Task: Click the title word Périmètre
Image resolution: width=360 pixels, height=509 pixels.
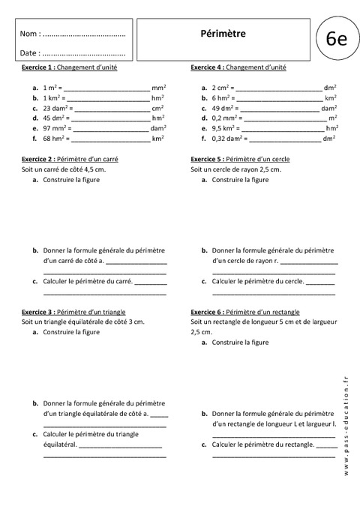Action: (x=223, y=33)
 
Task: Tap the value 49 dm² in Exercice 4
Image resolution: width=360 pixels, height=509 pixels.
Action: (x=224, y=108)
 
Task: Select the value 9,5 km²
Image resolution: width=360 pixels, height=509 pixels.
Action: (x=225, y=128)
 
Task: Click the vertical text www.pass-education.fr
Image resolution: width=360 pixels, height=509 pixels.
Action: (x=346, y=427)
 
